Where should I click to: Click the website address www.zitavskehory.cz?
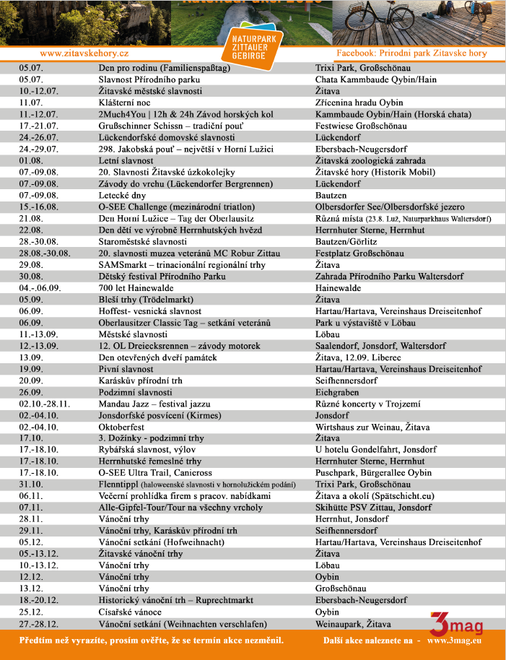click(x=84, y=53)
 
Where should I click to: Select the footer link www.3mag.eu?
click(x=454, y=641)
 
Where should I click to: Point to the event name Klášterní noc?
click(x=124, y=103)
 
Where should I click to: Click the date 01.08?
click(x=31, y=160)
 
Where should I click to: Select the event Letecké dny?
click(x=123, y=195)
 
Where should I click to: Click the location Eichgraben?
click(x=337, y=392)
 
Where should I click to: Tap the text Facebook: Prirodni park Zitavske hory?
click(x=411, y=53)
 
